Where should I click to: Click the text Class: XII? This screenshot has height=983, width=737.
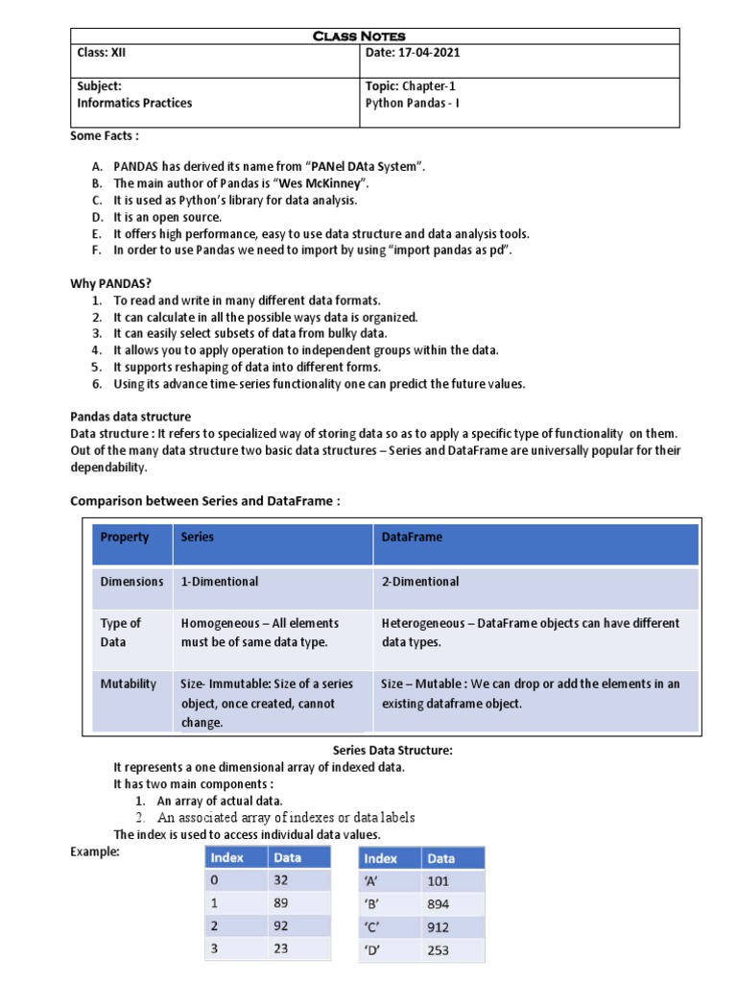coord(101,53)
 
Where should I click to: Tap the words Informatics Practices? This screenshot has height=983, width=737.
coord(134,103)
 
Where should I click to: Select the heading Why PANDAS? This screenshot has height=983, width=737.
coord(111,283)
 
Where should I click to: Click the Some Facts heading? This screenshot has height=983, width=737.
coord(105,136)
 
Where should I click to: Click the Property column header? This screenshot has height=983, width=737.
coord(125,538)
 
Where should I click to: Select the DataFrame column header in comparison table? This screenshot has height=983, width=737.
coord(412,538)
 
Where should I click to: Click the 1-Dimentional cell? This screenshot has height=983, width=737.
coord(220,582)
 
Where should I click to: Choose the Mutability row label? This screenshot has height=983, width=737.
coord(129,684)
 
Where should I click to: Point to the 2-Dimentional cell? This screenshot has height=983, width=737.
coord(420,582)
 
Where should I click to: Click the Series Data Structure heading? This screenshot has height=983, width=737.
coord(392,751)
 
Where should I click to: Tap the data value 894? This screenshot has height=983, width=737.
coord(439,905)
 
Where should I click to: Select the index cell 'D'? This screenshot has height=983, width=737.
coord(374,950)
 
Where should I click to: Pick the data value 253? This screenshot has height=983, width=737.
coord(439,950)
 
